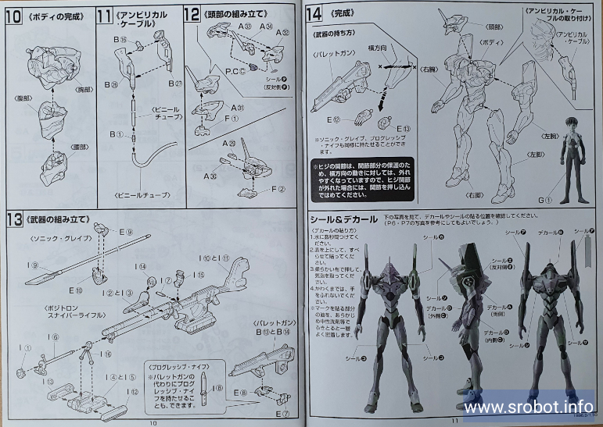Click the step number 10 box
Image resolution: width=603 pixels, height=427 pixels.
(14, 14)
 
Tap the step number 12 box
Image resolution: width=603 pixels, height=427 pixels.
(192, 14)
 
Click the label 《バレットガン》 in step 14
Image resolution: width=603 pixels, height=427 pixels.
(334, 55)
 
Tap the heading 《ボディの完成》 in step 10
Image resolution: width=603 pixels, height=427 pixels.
(55, 14)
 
